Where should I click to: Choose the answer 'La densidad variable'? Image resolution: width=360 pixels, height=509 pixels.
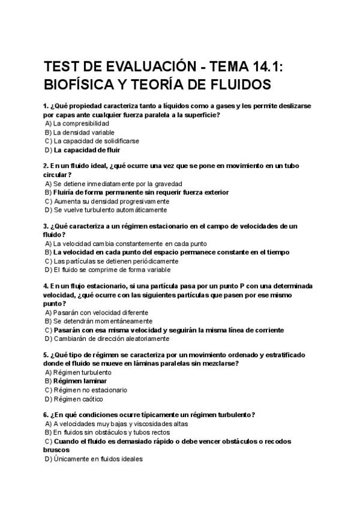point(83,132)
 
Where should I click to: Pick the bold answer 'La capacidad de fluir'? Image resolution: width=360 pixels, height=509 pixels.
point(88,150)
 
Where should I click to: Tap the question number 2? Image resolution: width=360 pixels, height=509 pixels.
point(46,165)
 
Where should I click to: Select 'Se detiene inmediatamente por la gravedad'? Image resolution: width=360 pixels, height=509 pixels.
point(118,183)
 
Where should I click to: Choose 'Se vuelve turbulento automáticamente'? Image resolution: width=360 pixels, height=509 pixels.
point(110,210)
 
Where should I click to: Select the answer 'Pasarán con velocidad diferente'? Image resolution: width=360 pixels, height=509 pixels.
point(101,312)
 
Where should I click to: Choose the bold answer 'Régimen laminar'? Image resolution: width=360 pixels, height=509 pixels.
point(80,381)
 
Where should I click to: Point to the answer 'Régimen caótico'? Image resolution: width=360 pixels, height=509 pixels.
point(78,399)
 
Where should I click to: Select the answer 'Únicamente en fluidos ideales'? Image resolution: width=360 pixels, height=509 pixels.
point(98,459)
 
